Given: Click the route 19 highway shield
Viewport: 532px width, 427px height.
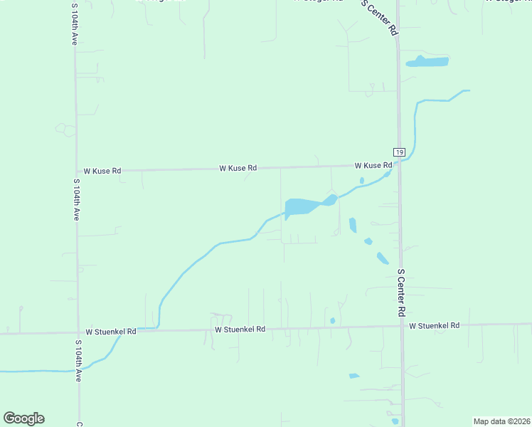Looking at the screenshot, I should coord(399,152).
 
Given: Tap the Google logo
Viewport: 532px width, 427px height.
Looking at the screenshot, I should coord(23,418).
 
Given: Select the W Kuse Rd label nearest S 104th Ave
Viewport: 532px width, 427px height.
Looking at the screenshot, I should coord(102,171).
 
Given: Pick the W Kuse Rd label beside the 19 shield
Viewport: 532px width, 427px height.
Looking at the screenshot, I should coord(373,165).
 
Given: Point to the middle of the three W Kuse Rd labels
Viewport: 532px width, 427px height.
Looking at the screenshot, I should coord(238,168).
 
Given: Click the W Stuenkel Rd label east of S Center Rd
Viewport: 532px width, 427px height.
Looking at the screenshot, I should coord(434,325).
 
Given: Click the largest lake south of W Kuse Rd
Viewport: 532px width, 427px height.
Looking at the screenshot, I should coord(302,206).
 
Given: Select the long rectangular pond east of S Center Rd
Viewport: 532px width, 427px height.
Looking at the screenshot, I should coord(427,62).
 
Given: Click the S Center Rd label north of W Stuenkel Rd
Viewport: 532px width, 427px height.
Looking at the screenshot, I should coord(401,292).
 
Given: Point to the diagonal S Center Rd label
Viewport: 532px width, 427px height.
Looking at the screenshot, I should coord(379,17).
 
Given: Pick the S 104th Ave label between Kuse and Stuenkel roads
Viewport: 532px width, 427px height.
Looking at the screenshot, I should coord(75,199).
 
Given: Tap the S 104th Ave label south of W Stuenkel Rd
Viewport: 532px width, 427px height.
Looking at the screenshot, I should coord(78,361).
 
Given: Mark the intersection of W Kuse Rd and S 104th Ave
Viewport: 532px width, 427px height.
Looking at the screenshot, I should coord(77,171).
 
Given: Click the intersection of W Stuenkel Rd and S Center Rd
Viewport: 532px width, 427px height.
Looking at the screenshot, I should coord(401,326).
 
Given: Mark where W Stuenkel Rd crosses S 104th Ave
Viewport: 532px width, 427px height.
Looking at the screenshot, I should coord(78,332).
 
